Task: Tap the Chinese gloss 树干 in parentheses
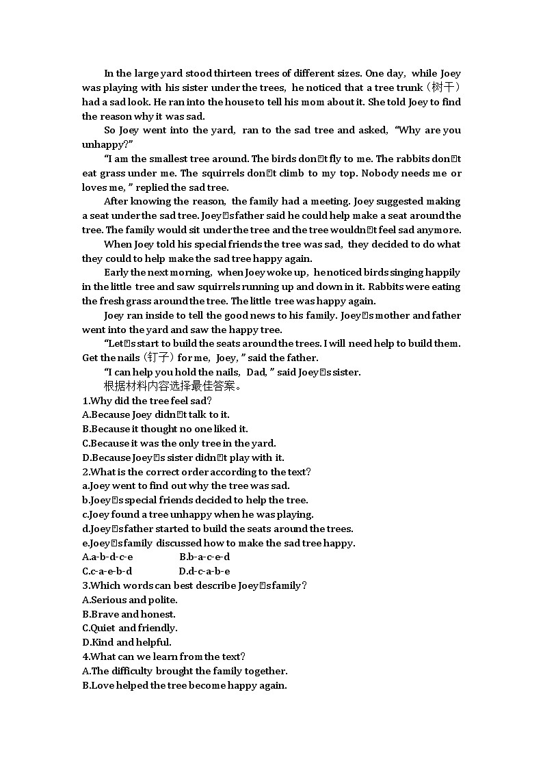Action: (448, 88)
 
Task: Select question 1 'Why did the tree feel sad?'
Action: (147, 401)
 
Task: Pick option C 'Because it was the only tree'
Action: (178, 443)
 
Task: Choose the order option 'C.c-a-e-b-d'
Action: (107, 571)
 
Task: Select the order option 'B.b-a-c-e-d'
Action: (204, 557)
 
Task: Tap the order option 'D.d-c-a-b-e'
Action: (204, 571)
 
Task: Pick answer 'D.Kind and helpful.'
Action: (127, 642)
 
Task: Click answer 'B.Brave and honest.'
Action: (129, 614)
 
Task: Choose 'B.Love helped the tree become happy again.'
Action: (184, 685)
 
